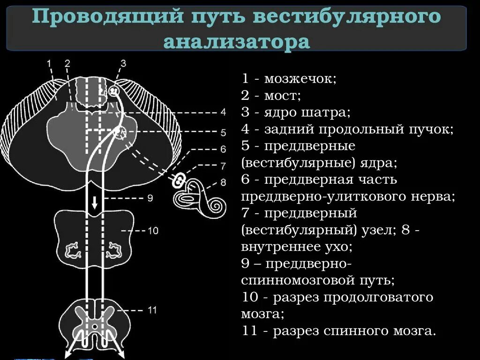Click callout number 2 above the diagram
coord(67,63)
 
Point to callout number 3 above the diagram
coord(123,63)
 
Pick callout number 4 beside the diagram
coord(223,112)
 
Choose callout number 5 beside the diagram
coord(223,132)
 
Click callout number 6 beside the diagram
coord(223,149)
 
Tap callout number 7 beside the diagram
coord(223,165)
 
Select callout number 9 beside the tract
coord(150,198)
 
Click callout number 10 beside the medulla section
coord(153,231)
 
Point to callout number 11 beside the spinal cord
coord(152,310)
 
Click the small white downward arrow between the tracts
coord(95,202)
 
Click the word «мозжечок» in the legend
coord(300,78)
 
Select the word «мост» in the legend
coord(282,96)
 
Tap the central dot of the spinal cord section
coord(95,326)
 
